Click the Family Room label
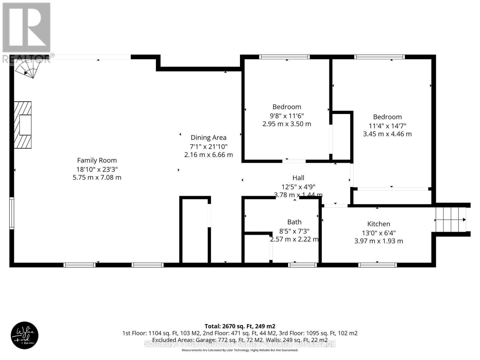click(97, 160)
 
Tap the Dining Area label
click(208, 138)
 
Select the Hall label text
click(298, 178)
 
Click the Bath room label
click(294, 222)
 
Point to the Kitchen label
click(379, 224)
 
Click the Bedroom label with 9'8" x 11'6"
click(286, 107)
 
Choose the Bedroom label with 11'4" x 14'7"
click(387, 117)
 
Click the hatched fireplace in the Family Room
click(23, 125)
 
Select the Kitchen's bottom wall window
click(377, 265)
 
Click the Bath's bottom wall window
click(302, 265)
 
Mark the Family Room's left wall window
click(11, 213)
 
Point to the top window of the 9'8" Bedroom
click(284, 57)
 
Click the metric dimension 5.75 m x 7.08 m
click(97, 177)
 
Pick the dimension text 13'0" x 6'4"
click(379, 232)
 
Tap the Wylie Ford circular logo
click(25, 335)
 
